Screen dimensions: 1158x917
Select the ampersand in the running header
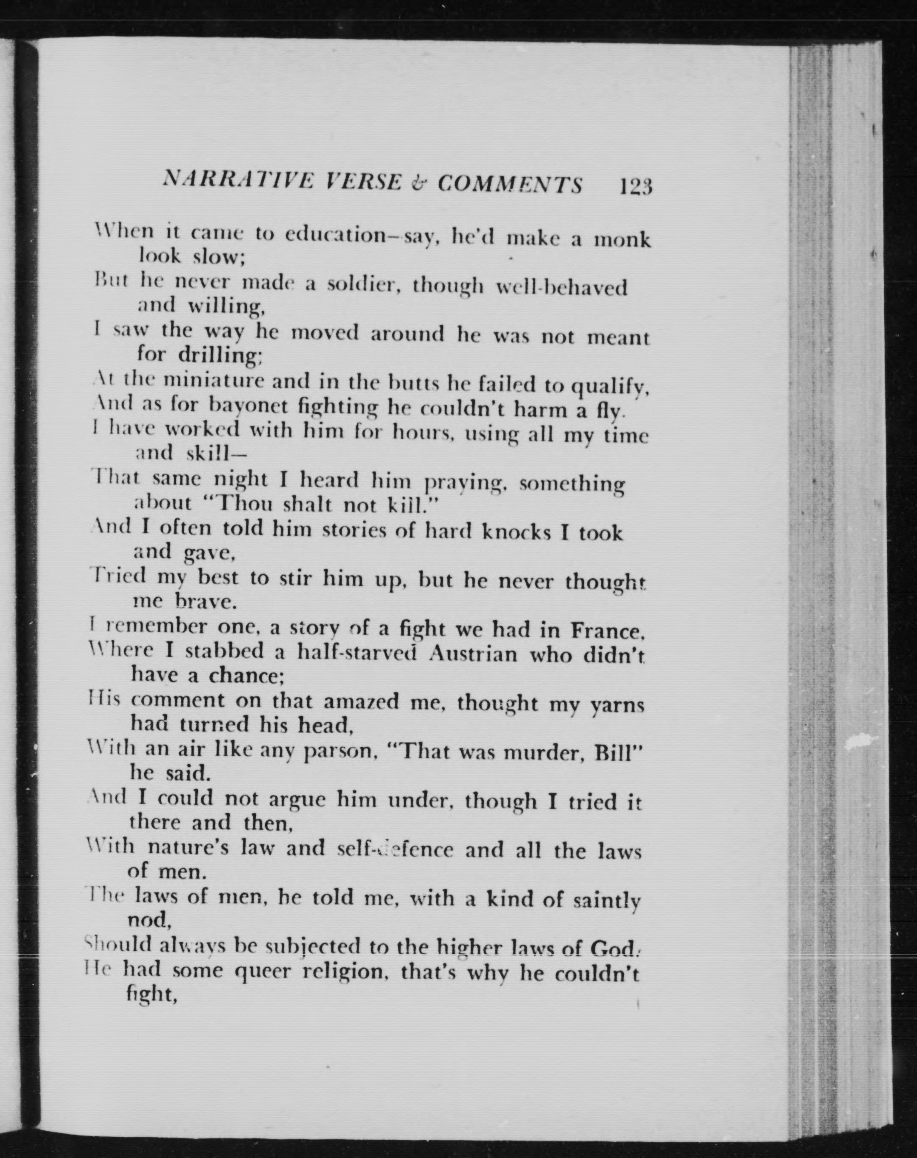coord(419,183)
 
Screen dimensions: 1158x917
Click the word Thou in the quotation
coord(240,503)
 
